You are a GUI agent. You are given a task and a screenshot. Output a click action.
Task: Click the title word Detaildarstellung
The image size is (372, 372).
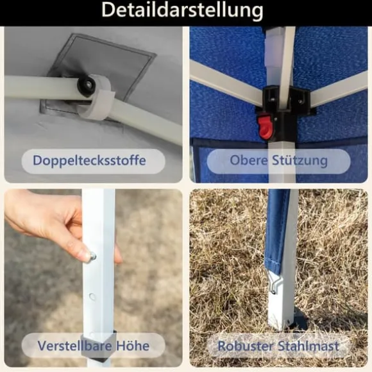point(182,10)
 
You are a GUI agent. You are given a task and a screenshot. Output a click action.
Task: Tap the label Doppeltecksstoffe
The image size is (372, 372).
point(89,160)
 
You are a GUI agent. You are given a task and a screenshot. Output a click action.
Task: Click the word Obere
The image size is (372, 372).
point(249,160)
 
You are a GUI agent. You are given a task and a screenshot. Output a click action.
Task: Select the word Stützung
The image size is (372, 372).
point(300,161)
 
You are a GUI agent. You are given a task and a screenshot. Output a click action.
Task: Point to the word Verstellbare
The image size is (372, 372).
point(74,346)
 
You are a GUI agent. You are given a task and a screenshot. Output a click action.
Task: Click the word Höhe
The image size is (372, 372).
point(133,346)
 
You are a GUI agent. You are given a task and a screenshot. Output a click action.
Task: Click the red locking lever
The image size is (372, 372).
point(266,126)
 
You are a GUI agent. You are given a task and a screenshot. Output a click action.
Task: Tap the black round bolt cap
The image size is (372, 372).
point(86,85)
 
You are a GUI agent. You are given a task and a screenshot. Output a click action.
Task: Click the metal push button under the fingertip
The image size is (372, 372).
point(92,256)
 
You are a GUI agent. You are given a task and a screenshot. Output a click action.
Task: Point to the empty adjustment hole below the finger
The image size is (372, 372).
point(92,296)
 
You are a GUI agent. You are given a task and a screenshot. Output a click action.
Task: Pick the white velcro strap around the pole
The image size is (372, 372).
point(97,97)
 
